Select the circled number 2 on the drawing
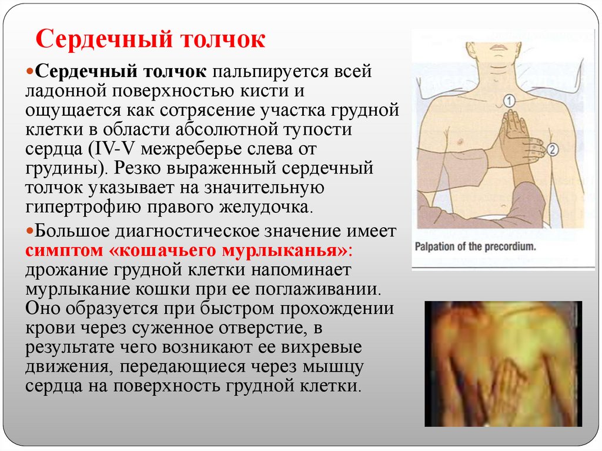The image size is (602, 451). click(x=551, y=149)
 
